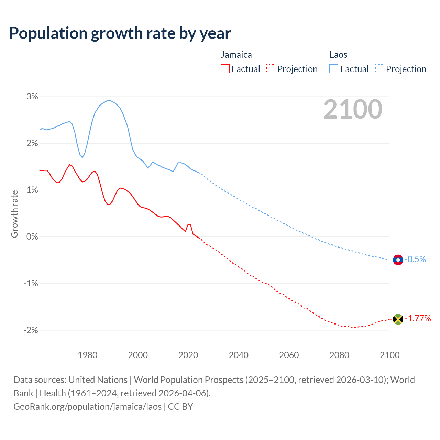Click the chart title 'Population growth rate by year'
point(120,33)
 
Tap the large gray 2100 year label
point(353,109)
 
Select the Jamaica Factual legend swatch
point(225,69)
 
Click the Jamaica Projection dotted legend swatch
point(271,69)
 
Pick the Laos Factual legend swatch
point(334,69)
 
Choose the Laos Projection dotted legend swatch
point(380,69)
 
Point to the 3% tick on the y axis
point(32,96)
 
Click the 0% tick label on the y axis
point(32,236)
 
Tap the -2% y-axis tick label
point(31,330)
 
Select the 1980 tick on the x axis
point(88,355)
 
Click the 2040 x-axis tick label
point(239,355)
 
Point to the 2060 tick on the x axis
point(289,355)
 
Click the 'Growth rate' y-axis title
point(14,214)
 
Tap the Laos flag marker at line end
point(398,260)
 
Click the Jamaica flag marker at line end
point(398,319)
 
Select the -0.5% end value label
point(415,259)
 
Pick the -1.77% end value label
point(418,318)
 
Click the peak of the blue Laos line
point(109,100)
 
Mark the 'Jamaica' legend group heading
point(236,55)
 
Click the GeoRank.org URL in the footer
point(87,406)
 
